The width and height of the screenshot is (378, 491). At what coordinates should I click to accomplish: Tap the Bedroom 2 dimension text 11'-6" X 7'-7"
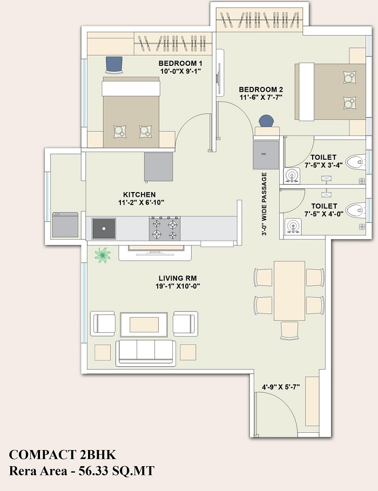coord(261,97)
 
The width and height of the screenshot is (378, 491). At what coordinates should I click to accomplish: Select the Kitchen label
coord(139,195)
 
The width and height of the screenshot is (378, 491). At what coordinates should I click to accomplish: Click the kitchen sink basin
coord(104,229)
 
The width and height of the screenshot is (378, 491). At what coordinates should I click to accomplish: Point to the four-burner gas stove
coord(165,229)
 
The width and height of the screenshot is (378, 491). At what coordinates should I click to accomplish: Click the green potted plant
coord(103,255)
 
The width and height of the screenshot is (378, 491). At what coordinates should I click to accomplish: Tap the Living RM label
coord(178,278)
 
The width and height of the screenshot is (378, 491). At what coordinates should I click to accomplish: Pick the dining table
coord(289,291)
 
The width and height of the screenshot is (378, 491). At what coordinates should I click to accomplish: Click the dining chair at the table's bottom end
coord(289,331)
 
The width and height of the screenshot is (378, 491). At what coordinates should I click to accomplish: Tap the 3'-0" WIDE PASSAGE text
coord(265,204)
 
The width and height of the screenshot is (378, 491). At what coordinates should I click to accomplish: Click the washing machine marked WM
coord(266,155)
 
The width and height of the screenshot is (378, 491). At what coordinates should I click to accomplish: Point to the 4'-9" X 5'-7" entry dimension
coord(281,387)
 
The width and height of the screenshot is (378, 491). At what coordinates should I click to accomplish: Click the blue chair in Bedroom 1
coord(114,65)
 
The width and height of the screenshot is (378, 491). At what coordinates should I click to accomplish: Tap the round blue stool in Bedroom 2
coord(266,121)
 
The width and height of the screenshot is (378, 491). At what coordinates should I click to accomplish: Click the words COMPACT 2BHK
coord(63,455)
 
